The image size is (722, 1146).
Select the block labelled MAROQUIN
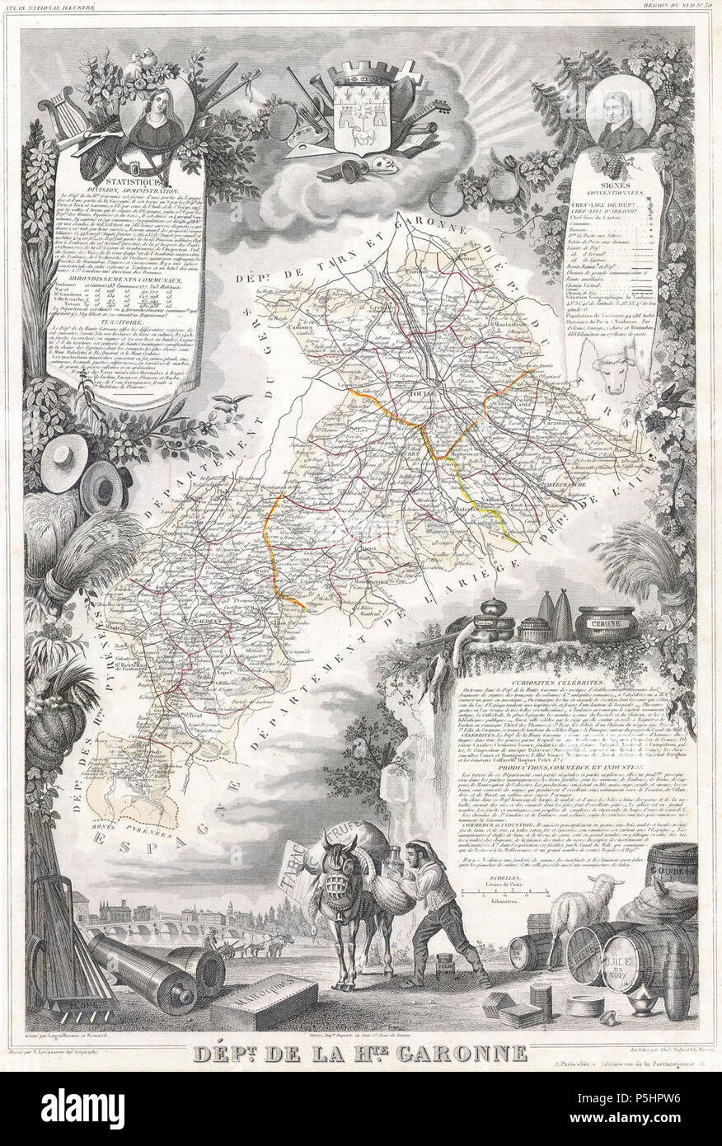[x=263, y=1006]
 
